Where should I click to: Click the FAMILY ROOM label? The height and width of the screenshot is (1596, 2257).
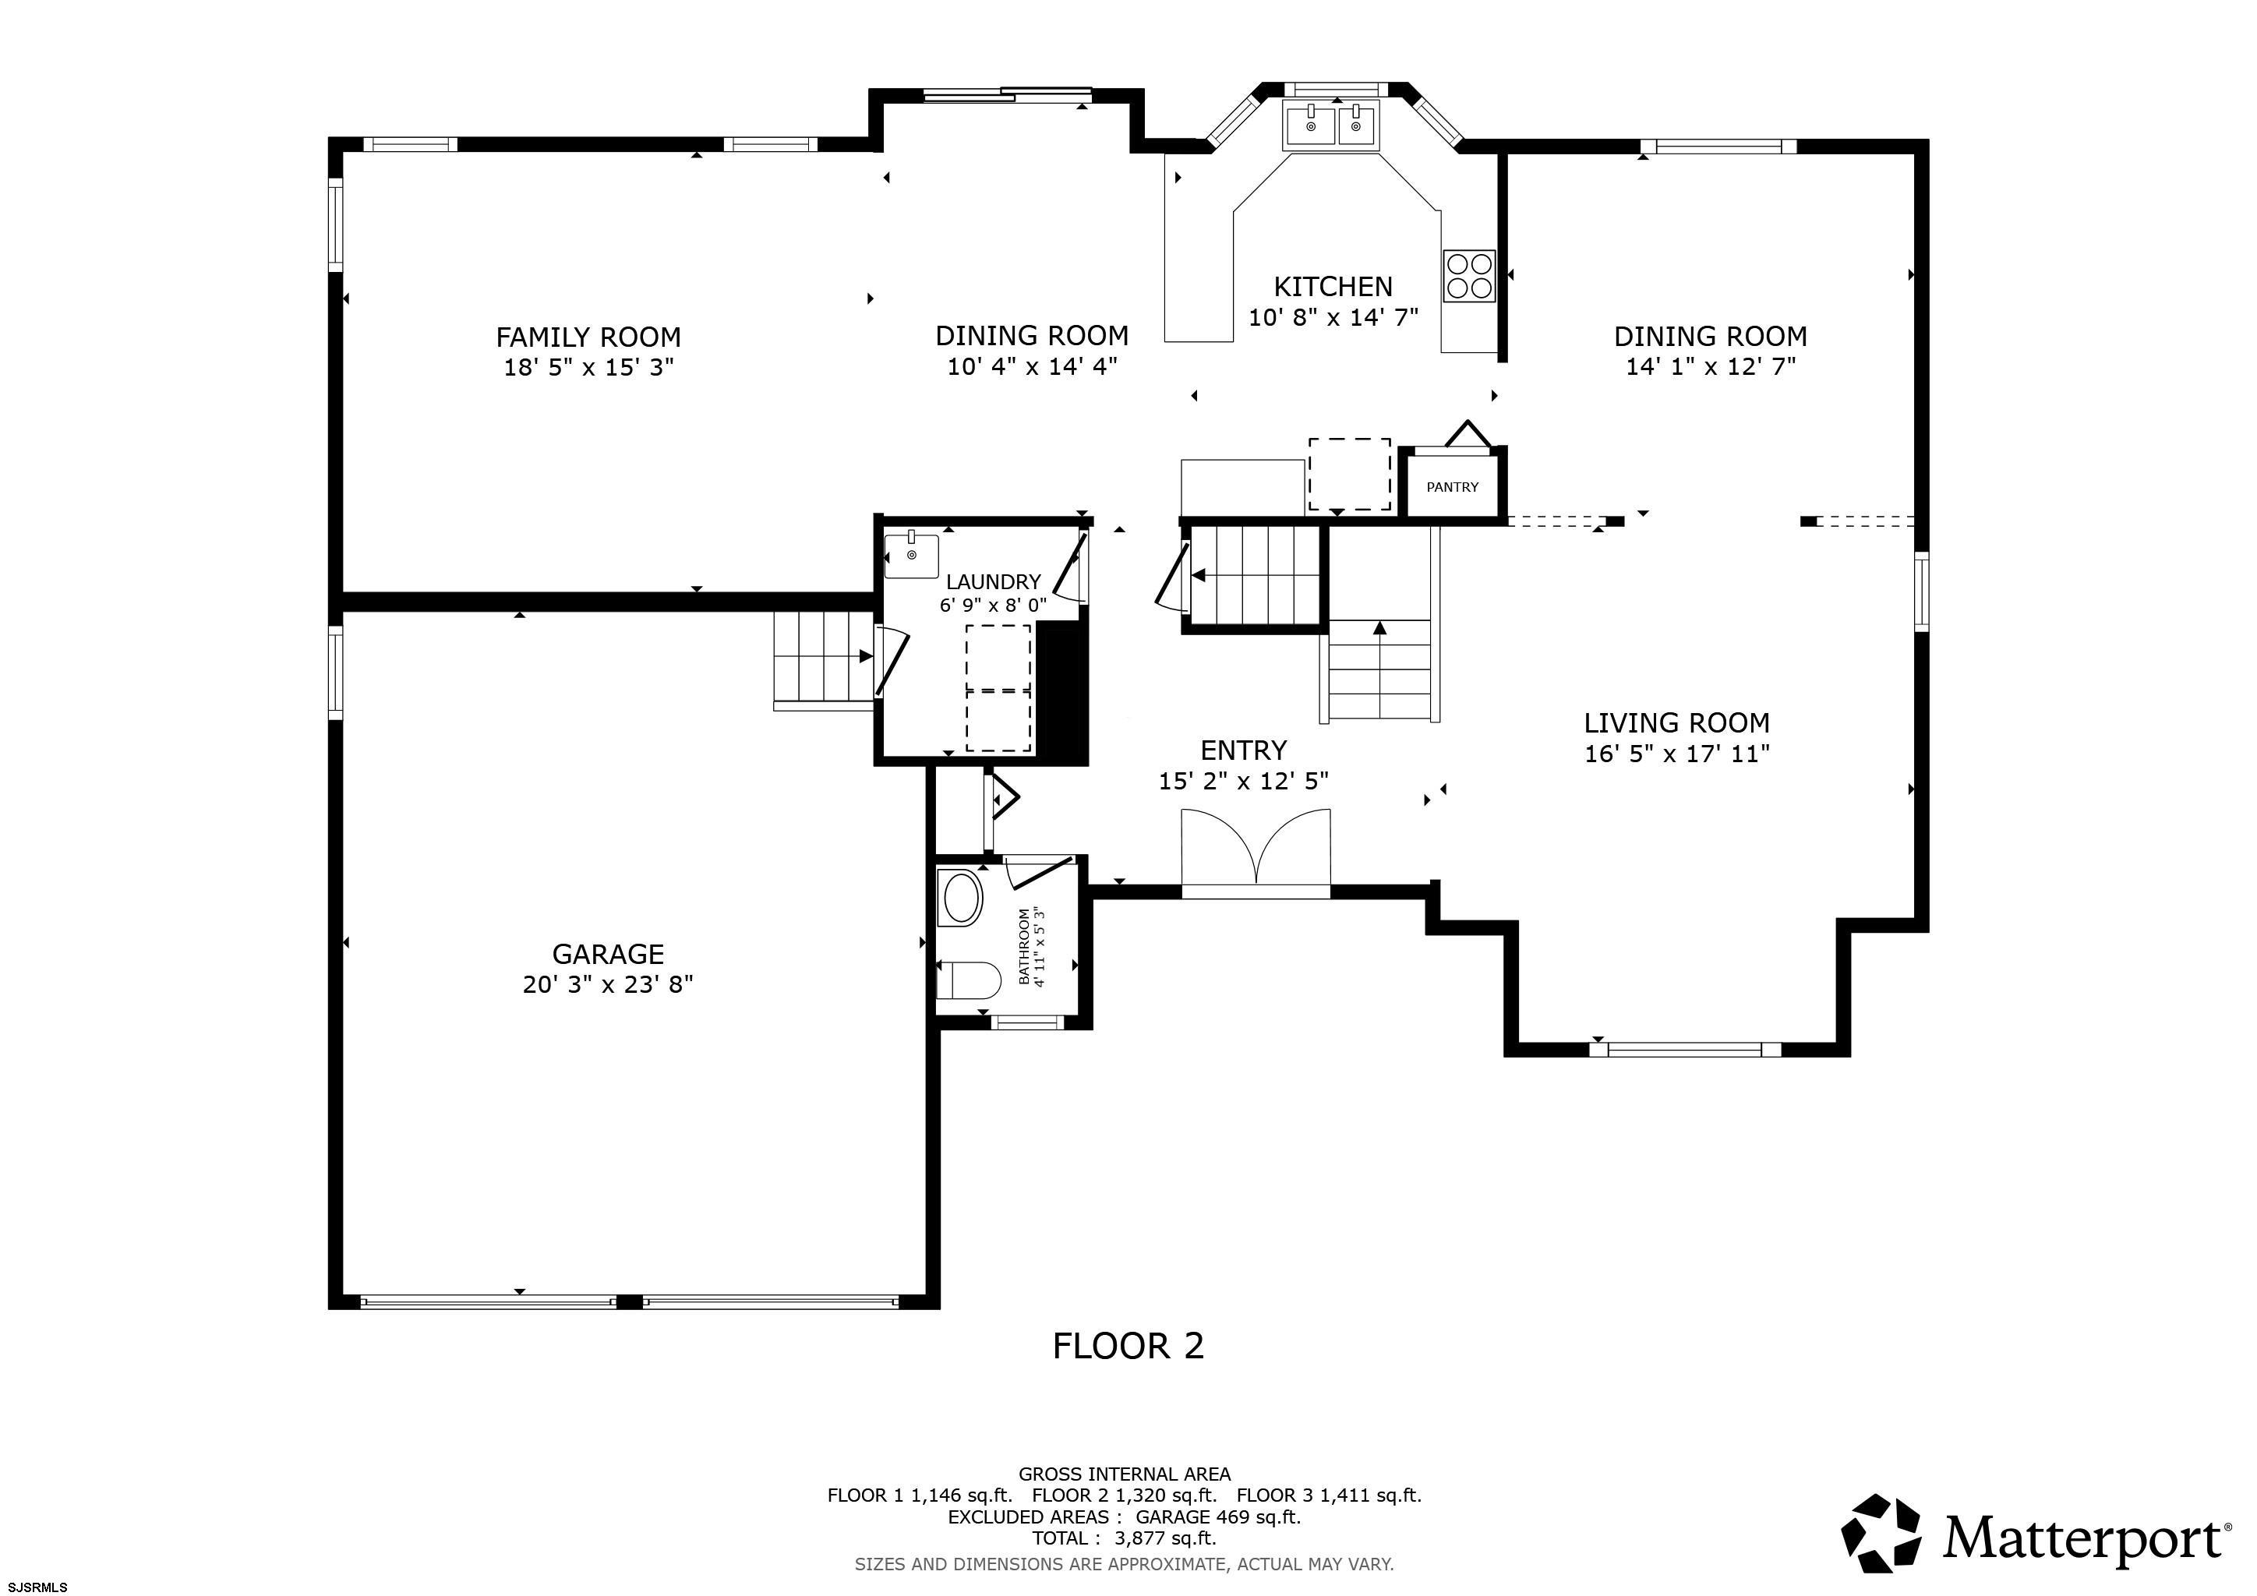(588, 337)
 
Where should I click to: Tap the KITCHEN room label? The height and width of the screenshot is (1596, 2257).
(1333, 286)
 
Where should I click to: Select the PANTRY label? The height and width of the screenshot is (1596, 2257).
(1452, 486)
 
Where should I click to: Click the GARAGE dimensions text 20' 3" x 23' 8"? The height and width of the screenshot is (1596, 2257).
(607, 983)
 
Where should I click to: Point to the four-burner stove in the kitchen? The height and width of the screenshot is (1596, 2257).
(1468, 275)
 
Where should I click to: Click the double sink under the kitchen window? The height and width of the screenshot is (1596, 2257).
(1332, 125)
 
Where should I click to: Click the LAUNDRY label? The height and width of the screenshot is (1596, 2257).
(993, 582)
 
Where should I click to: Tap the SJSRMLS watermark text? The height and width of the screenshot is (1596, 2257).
(38, 1586)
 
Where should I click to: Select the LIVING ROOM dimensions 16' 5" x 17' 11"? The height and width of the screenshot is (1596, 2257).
(1677, 754)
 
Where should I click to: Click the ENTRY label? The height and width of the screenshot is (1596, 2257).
(1244, 750)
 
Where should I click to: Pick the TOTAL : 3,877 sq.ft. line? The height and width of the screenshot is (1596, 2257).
(1125, 1538)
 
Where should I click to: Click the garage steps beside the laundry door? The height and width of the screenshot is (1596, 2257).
(824, 659)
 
